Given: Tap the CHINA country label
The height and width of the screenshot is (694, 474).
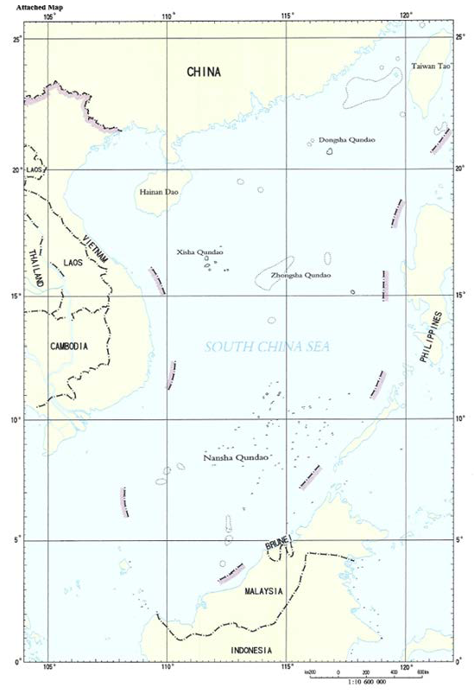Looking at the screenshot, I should (204, 73).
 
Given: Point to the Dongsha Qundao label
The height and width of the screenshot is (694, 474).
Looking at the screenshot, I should (348, 139).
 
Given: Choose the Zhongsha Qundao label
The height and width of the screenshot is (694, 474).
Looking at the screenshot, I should (300, 276).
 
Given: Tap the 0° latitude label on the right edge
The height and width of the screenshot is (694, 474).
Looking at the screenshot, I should (459, 661).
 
